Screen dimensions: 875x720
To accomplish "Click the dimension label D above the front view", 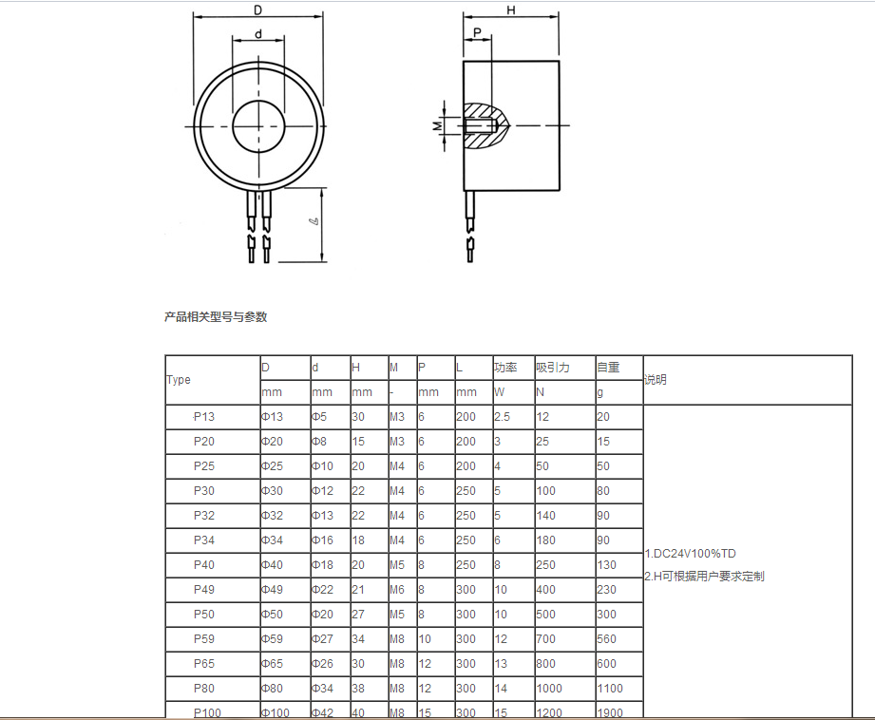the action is point(257,10).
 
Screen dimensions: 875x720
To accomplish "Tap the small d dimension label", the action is point(258,34).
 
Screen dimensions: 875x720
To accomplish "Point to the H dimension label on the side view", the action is point(511,10).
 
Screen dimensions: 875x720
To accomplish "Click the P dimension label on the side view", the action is point(477,32).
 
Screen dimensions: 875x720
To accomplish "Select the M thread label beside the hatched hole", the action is point(437,126).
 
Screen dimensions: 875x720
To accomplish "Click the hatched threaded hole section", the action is point(485,125).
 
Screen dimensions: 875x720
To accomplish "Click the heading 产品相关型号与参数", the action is point(216,317).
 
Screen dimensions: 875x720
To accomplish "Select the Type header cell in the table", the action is point(179,380).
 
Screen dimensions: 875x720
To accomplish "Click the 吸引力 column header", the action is point(553,368).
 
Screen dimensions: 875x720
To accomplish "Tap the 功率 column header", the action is point(505,368).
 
